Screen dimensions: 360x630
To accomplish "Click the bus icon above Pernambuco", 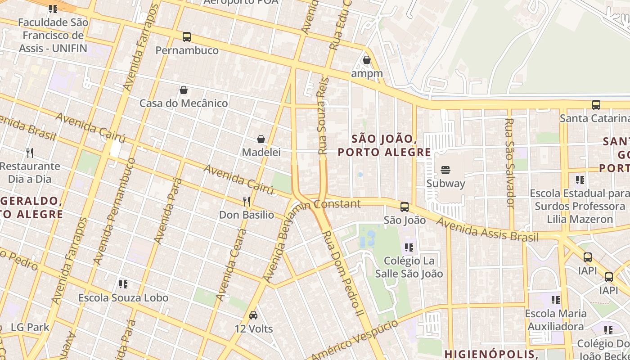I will [x=186, y=37].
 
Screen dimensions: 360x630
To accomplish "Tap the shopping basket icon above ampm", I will [x=367, y=60].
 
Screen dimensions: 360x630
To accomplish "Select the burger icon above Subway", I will [x=445, y=170].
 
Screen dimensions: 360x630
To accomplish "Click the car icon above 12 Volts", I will [x=253, y=315].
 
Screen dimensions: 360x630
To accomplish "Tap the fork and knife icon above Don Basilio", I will [x=247, y=201].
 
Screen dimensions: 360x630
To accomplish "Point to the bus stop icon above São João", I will [x=405, y=207].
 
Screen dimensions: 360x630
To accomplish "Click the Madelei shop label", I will [x=261, y=152].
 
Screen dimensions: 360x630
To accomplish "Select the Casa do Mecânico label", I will [x=184, y=103].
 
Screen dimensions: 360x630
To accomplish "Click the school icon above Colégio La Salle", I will [x=409, y=247].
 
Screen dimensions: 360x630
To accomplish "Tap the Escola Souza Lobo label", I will [x=123, y=297].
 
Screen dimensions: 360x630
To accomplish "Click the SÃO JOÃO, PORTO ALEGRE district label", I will [x=384, y=145].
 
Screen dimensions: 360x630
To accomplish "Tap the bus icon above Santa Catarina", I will [x=596, y=105].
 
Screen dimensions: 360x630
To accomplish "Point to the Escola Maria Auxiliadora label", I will [x=556, y=319].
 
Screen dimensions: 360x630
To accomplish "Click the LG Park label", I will [x=30, y=327].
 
